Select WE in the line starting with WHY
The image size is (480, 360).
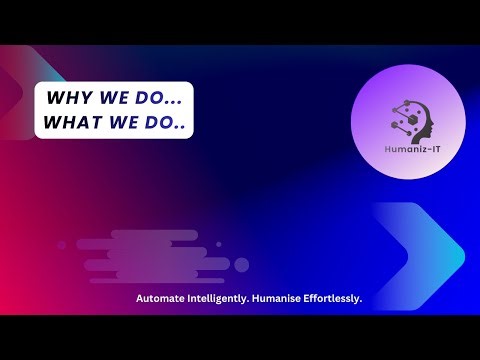tap(112, 99)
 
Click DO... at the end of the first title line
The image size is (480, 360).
tap(159, 99)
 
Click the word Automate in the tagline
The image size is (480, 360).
tap(162, 299)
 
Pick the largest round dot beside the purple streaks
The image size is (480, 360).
tap(241, 265)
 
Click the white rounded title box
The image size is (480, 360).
tap(114, 111)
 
